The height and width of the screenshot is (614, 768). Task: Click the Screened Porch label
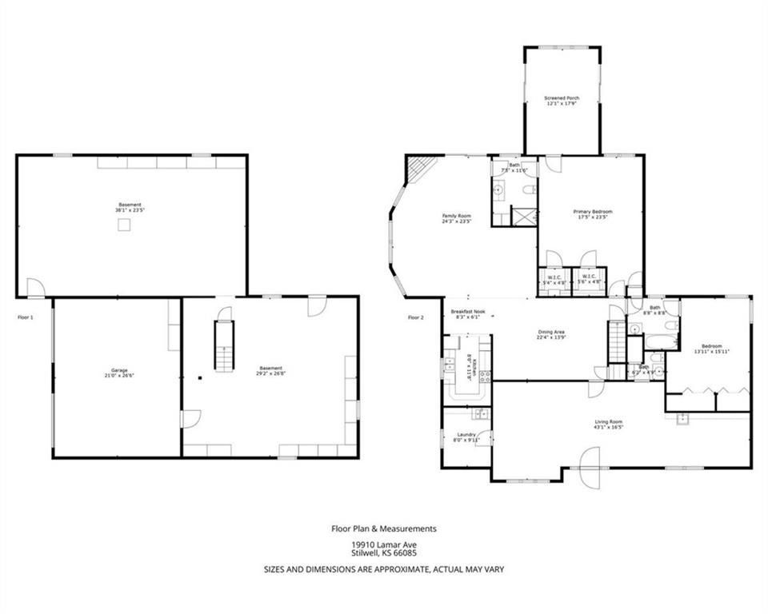click(562, 101)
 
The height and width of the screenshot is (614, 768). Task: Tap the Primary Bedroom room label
click(592, 214)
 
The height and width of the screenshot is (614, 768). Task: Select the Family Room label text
click(457, 217)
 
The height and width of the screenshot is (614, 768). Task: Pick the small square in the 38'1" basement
click(124, 225)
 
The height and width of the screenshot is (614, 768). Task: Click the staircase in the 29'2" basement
click(224, 345)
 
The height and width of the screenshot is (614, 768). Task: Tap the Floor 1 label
click(26, 317)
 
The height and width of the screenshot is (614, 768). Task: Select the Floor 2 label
click(415, 317)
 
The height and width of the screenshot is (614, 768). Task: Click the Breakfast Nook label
click(467, 313)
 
